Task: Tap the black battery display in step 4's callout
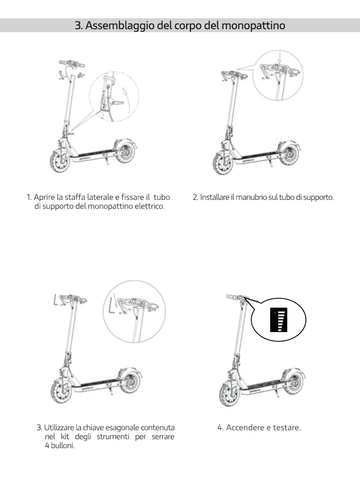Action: pos(279,319)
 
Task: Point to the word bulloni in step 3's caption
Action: pos(62,446)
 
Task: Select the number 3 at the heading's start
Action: pos(78,26)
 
